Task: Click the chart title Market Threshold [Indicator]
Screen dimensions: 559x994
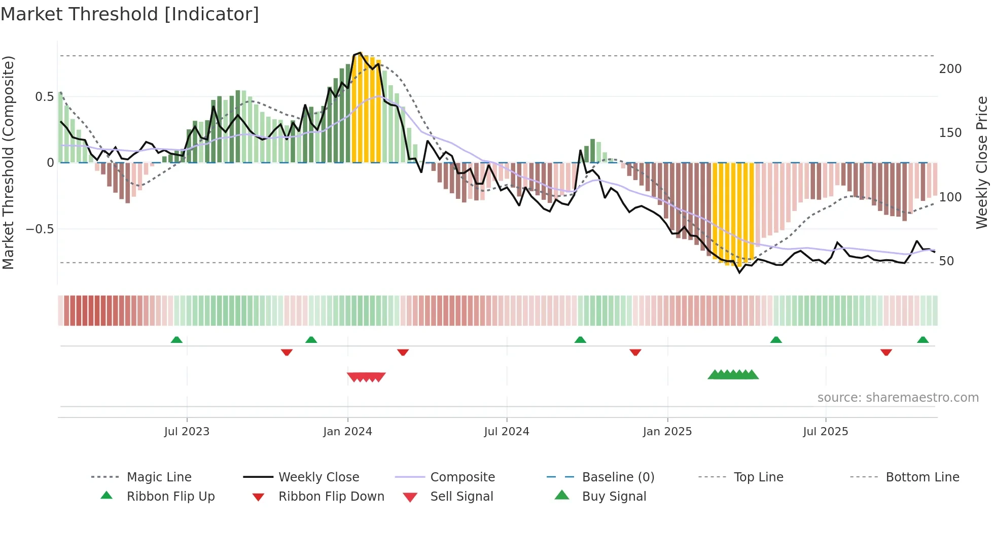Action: pos(130,14)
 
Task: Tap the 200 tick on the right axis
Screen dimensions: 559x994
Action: pos(950,69)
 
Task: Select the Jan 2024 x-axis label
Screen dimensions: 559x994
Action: pos(347,432)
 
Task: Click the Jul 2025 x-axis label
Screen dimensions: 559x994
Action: pos(825,432)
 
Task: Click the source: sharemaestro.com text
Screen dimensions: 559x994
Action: pos(898,398)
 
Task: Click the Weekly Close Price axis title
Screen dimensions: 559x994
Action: pos(982,162)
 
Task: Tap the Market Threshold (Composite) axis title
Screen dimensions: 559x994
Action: pos(8,162)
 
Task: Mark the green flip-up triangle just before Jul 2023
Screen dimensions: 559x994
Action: pos(176,340)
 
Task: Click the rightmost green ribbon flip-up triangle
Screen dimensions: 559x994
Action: pos(923,340)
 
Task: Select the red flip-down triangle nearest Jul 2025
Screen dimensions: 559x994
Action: pos(886,352)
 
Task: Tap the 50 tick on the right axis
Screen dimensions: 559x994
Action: pos(946,261)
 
